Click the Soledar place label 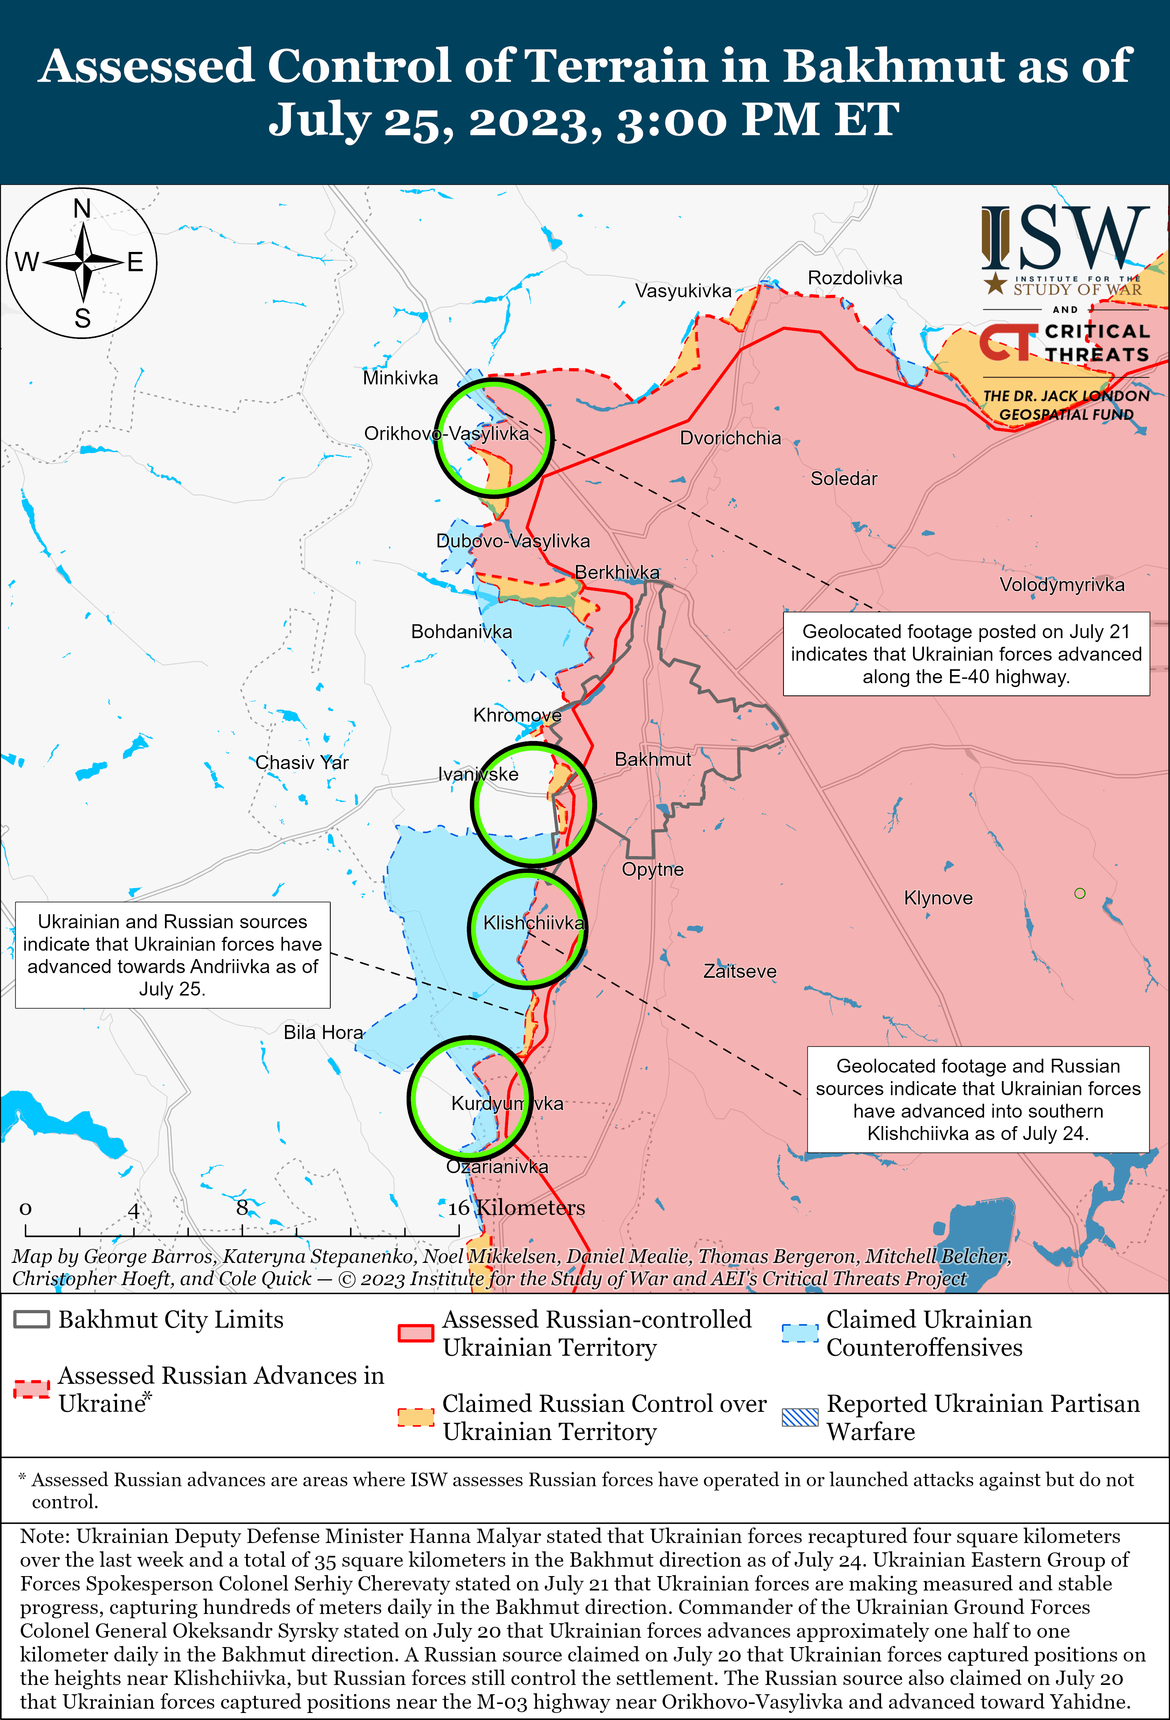coord(844,479)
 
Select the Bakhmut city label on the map coord(653,759)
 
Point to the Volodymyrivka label coord(1062,585)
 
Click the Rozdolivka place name coord(855,278)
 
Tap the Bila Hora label coord(323,1032)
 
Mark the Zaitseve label coord(740,971)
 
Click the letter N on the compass coord(82,209)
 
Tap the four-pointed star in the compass coord(83,262)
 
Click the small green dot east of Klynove coord(1080,893)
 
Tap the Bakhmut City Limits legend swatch coord(32,1319)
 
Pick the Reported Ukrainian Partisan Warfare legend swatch coord(800,1417)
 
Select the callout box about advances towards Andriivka coord(172,955)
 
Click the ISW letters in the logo coord(1065,238)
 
